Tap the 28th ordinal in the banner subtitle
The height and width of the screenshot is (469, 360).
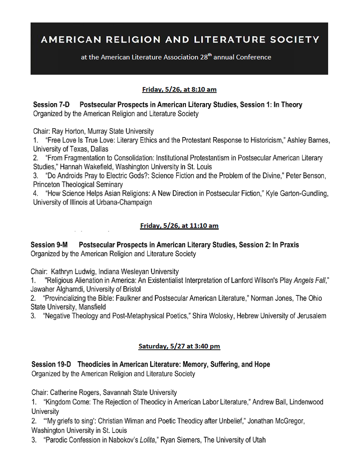[x=206, y=57]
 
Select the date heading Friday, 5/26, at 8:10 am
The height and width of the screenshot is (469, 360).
[x=180, y=89]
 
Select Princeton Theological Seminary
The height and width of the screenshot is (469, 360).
[x=78, y=185]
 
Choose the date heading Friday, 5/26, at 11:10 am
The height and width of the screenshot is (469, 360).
[x=179, y=226]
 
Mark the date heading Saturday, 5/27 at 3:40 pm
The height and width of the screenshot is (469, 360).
[x=179, y=346]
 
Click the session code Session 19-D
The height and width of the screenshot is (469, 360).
[x=51, y=365]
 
